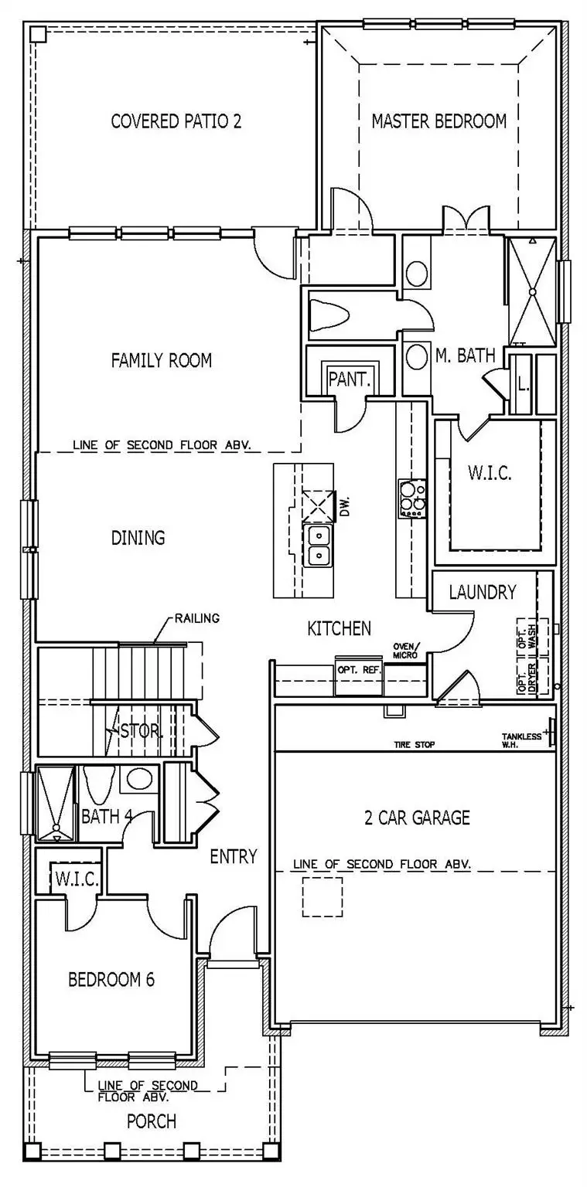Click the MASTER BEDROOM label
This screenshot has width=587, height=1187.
point(439,121)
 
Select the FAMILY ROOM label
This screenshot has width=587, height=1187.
point(161,360)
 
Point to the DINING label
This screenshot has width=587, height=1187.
point(138,538)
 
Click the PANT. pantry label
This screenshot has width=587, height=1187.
point(350,379)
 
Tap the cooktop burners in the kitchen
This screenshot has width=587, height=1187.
point(412,498)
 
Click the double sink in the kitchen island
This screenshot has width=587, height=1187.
point(318,545)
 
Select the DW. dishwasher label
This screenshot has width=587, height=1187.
point(344,506)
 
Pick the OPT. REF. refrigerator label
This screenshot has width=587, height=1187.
point(359,669)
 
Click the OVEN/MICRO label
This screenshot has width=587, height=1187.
point(405,650)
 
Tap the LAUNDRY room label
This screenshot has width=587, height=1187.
point(482,593)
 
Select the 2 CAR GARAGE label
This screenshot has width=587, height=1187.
point(417,818)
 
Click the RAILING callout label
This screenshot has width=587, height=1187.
point(197,617)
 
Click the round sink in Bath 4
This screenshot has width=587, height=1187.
point(139,779)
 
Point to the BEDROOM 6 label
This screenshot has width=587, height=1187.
point(111,980)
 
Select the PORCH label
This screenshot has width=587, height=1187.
point(152,1121)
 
